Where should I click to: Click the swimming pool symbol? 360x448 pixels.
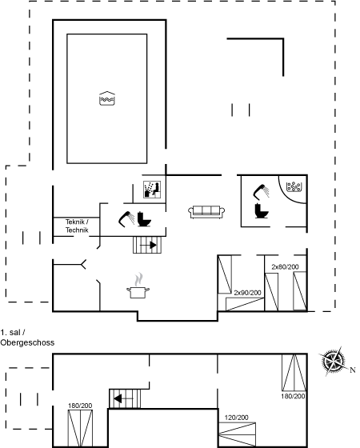[107, 98]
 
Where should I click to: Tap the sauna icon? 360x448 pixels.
[152, 190]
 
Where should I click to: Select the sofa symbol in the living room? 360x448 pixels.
[206, 212]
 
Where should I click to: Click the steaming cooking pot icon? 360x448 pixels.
[138, 286]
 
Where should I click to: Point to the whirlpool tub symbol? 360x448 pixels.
[294, 187]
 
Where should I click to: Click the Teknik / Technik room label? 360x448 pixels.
[77, 226]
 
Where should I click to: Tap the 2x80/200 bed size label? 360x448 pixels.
[285, 267]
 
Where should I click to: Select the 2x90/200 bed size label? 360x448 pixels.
[247, 293]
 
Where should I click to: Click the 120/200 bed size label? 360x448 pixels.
[236, 418]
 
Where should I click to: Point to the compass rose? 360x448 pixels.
[333, 361]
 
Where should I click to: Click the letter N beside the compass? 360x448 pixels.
[353, 370]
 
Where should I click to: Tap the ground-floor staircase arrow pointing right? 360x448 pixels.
[148, 245]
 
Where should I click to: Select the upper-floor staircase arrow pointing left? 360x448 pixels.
[123, 398]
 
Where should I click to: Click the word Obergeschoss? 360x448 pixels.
[27, 342]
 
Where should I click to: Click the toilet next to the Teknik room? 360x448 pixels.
[144, 219]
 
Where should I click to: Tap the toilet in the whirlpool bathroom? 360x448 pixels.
[262, 211]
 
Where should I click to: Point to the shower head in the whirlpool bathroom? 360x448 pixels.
[262, 192]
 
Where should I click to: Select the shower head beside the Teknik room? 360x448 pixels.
[126, 219]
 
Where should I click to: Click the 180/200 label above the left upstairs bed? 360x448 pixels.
[80, 406]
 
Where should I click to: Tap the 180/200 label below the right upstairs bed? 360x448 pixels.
[293, 396]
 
